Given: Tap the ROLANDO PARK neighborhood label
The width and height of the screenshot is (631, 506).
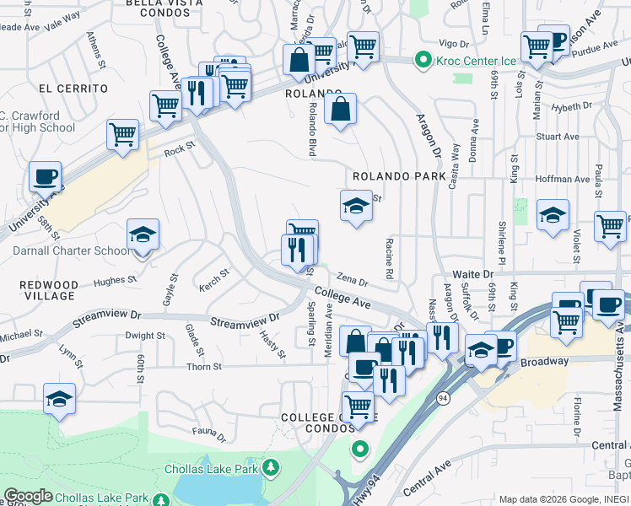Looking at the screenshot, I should pyautogui.click(x=398, y=177).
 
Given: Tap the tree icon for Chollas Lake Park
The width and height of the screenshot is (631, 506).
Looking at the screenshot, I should pyautogui.click(x=271, y=466).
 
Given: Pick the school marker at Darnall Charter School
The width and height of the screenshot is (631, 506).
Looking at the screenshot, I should pyautogui.click(x=143, y=235).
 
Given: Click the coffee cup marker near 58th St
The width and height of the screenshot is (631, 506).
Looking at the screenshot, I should pyautogui.click(x=46, y=177).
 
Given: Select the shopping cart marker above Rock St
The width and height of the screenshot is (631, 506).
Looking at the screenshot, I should pyautogui.click(x=123, y=134).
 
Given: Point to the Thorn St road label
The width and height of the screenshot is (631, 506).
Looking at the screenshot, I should pyautogui.click(x=204, y=367).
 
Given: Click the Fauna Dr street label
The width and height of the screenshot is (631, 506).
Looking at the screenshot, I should pyautogui.click(x=209, y=434).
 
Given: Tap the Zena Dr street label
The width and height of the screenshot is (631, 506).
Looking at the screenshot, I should pyautogui.click(x=353, y=280).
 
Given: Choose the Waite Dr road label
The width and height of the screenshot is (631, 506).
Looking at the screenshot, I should pyautogui.click(x=472, y=274).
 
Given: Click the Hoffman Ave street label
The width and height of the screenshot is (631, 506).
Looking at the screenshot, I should pyautogui.click(x=563, y=180).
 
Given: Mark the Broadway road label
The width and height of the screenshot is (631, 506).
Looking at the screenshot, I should pyautogui.click(x=545, y=362).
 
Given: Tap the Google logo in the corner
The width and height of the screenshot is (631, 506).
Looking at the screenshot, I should pyautogui.click(x=28, y=495).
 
